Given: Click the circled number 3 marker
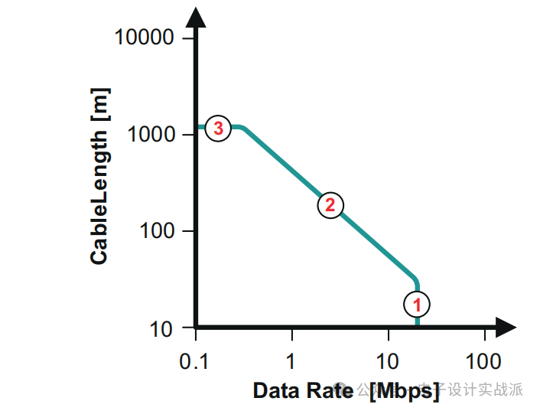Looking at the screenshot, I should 219,129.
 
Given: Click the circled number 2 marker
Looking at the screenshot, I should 330,204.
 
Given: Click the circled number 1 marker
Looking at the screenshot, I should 418,305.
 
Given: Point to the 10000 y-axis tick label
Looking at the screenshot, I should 144,37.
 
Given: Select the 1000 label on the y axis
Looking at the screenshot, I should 151,135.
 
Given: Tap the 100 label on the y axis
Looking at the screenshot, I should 158,231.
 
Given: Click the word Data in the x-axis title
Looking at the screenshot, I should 277,390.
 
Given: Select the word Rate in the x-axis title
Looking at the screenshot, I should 331,390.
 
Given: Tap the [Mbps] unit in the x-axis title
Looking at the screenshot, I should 404,391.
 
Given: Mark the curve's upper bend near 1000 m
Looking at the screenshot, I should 242,128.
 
